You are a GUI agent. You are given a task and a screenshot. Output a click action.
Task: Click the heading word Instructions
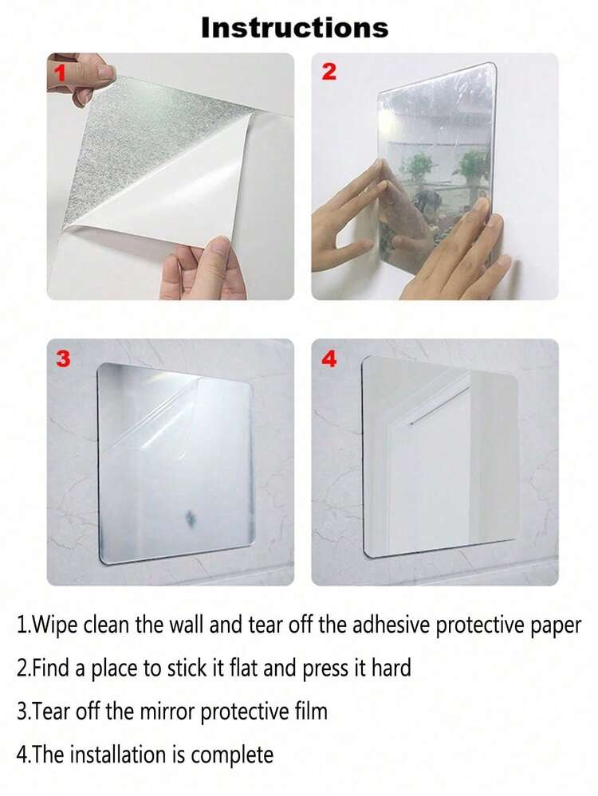coord(295,27)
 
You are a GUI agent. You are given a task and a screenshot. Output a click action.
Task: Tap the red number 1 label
coord(61,72)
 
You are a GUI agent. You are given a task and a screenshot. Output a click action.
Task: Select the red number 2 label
coord(329,72)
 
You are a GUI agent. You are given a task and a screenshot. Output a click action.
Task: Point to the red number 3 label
coord(63,359)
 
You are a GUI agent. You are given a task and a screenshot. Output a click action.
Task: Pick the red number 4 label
coord(329,359)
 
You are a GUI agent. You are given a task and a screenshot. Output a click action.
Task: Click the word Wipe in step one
coord(53,625)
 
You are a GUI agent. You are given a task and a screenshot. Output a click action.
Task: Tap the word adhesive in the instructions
coord(391,625)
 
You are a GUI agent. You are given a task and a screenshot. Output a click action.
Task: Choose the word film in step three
coord(311,711)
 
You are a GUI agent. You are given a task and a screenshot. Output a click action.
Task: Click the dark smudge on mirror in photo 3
coord(191,517)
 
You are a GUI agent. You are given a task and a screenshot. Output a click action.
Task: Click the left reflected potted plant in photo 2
coord(418,165)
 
